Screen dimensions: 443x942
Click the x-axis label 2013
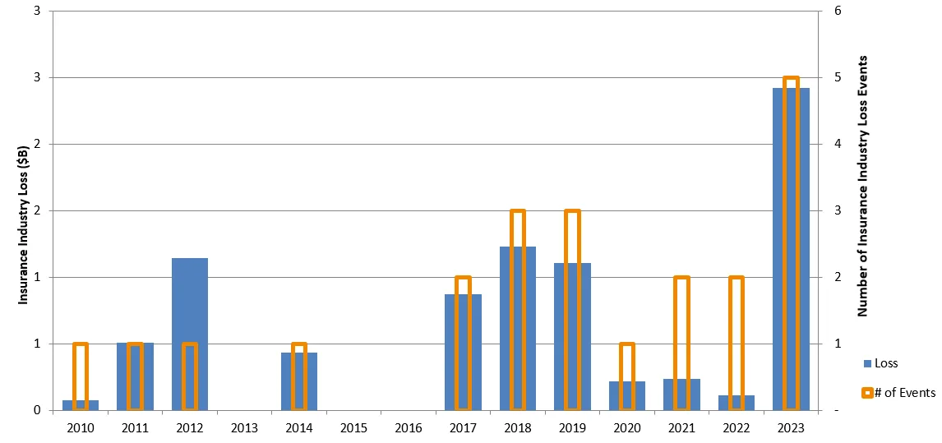tap(244, 428)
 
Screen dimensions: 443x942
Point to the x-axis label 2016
tap(409, 428)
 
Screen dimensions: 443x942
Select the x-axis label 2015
tap(353, 428)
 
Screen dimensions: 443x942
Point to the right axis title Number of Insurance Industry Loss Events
tap(863, 187)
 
